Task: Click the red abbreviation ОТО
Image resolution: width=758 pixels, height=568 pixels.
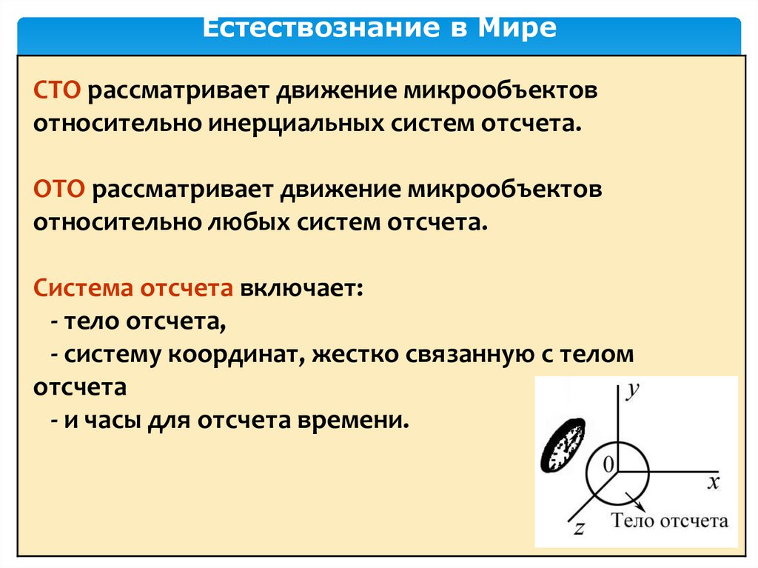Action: click(57, 190)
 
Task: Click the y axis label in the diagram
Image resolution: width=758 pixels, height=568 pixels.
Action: click(633, 390)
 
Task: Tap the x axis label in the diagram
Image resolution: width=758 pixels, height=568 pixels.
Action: click(713, 483)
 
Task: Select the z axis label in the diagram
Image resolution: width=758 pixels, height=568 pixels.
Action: click(579, 527)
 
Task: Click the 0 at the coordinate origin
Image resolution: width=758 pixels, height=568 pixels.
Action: click(608, 465)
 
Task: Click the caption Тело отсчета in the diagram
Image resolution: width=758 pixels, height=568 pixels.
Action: click(670, 521)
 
